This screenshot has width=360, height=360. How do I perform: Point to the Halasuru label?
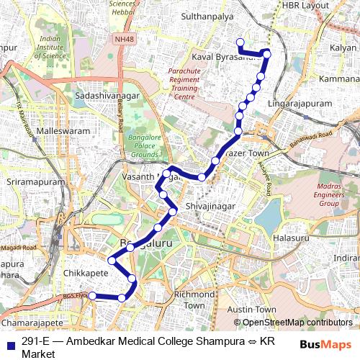tap(291, 238)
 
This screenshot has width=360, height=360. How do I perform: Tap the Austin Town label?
tap(251, 310)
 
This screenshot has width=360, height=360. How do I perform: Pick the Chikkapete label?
tap(86, 274)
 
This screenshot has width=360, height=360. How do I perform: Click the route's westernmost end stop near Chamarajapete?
tap(91, 295)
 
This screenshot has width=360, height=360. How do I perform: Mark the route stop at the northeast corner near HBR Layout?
tap(267, 53)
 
